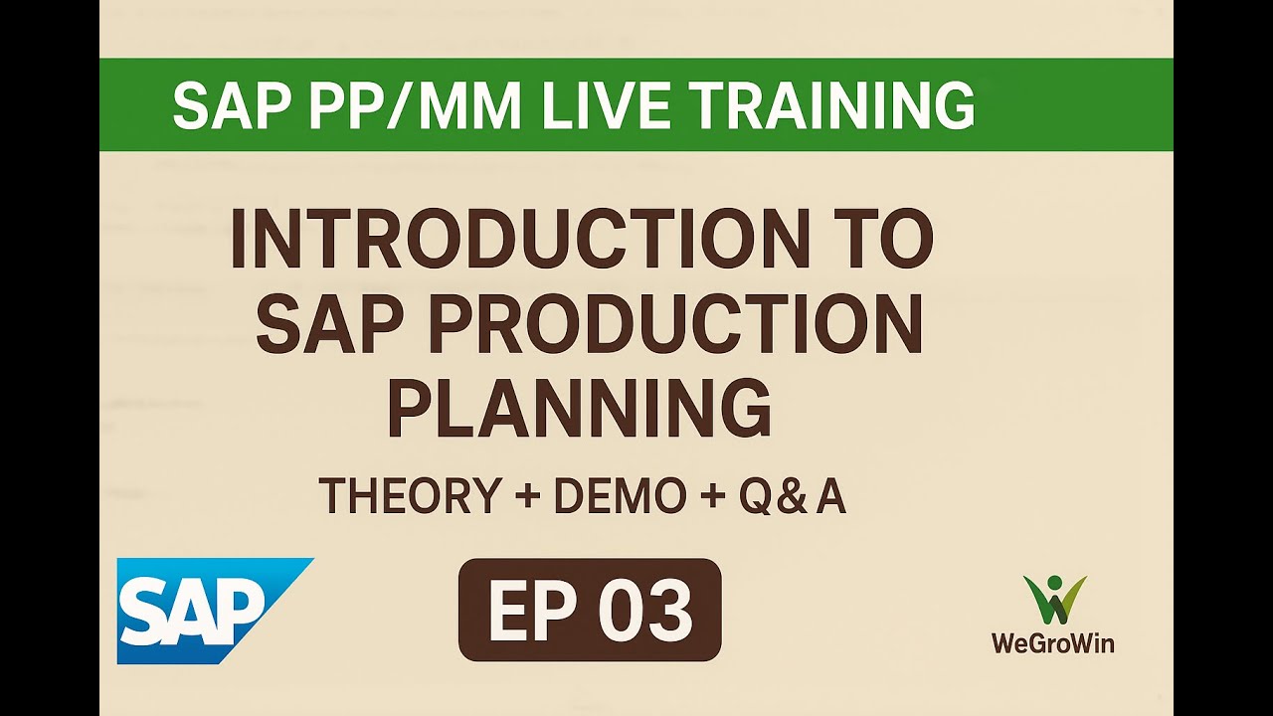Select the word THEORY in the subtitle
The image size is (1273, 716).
409,496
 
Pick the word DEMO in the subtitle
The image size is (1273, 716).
619,496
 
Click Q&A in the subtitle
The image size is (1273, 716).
792,496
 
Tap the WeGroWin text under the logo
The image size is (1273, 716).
1052,643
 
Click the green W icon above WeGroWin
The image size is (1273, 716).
1053,600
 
